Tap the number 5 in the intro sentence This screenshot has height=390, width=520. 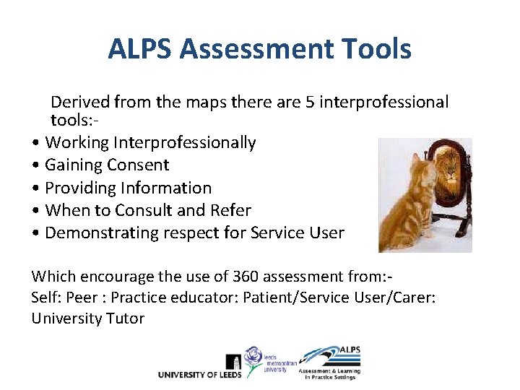pos(310,103)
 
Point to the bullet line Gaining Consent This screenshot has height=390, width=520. pos(107,165)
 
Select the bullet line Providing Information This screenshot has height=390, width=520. pos(128,188)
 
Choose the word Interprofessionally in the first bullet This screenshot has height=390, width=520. pos(183,142)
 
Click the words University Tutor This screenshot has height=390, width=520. pos(87,318)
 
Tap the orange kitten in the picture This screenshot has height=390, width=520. pos(407,209)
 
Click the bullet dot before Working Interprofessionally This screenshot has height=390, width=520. pos(35,143)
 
